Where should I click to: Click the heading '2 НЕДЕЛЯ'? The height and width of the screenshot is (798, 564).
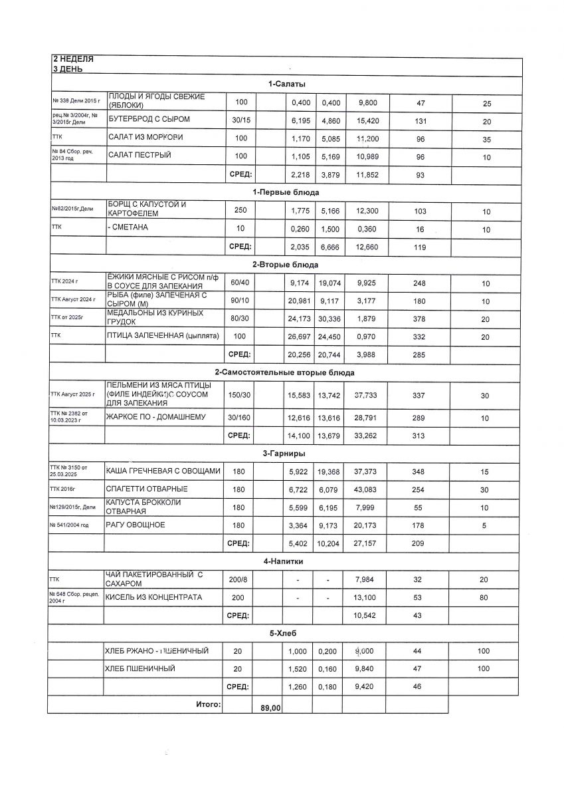pos(73,59)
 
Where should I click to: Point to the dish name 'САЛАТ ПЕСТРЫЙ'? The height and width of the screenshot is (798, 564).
pos(140,155)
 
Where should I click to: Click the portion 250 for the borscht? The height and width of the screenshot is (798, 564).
pos(240,210)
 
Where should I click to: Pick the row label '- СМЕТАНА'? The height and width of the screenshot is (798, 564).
pos(128,228)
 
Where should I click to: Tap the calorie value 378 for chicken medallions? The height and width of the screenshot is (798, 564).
pos(419,319)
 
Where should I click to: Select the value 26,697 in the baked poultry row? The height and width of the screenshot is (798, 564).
pos(297,337)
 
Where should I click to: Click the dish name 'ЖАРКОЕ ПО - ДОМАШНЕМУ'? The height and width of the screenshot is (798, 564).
pos(156,417)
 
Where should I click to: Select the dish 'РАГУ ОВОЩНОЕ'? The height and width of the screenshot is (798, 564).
pos(136,525)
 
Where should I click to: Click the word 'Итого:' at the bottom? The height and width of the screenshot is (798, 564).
pos(207,704)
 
